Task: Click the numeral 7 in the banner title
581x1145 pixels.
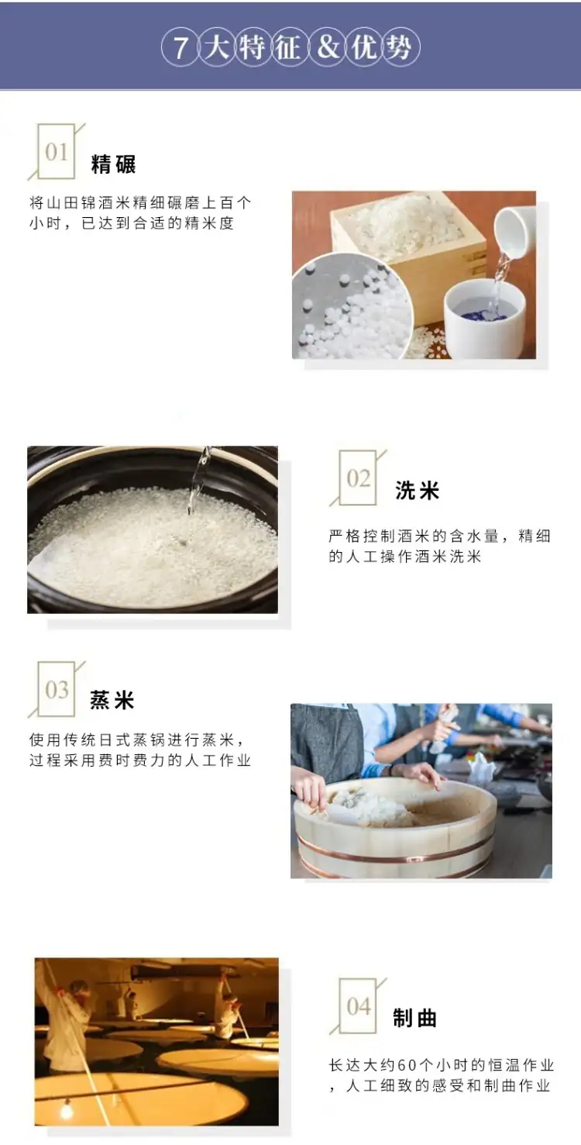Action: [x=180, y=48]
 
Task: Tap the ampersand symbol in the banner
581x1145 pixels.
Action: [x=328, y=48]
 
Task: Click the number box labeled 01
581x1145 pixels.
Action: [x=57, y=151]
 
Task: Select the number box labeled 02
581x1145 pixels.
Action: [x=358, y=478]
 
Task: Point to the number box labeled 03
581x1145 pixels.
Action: [x=57, y=689]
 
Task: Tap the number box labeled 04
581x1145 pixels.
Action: [x=358, y=1006]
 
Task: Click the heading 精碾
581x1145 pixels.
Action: [x=113, y=164]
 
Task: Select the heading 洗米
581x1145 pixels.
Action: [x=417, y=491]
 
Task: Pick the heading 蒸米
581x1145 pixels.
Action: [x=112, y=700]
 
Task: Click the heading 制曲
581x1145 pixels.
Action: [x=414, y=1018]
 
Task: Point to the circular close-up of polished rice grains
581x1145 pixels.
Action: [x=352, y=305]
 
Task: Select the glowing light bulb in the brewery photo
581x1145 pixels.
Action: [x=66, y=1109]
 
